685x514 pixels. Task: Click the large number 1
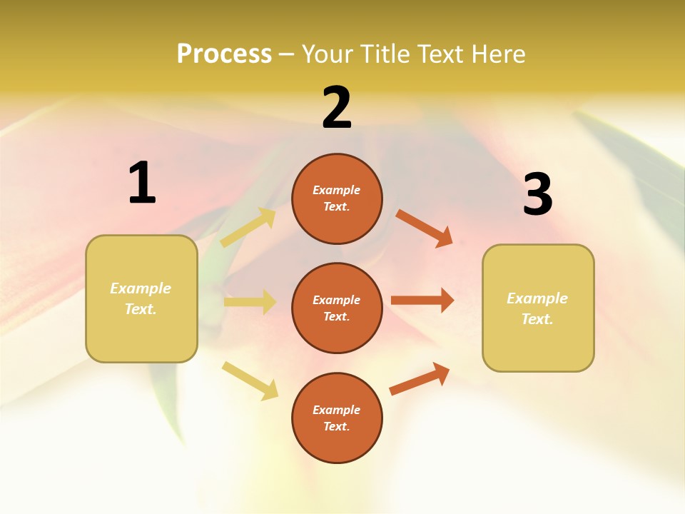[142, 183]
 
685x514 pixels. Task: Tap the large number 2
[337, 108]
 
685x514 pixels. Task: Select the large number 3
[538, 195]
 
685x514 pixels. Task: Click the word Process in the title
[224, 54]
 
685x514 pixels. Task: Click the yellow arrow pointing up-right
[249, 227]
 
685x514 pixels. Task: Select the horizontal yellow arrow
[250, 302]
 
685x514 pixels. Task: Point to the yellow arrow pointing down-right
[250, 381]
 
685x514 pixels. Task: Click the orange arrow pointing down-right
[425, 228]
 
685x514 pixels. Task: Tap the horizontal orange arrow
[422, 300]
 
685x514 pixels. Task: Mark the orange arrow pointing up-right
[420, 378]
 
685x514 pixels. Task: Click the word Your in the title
[325, 54]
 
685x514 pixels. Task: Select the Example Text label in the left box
[141, 298]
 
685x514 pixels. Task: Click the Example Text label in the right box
[537, 308]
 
